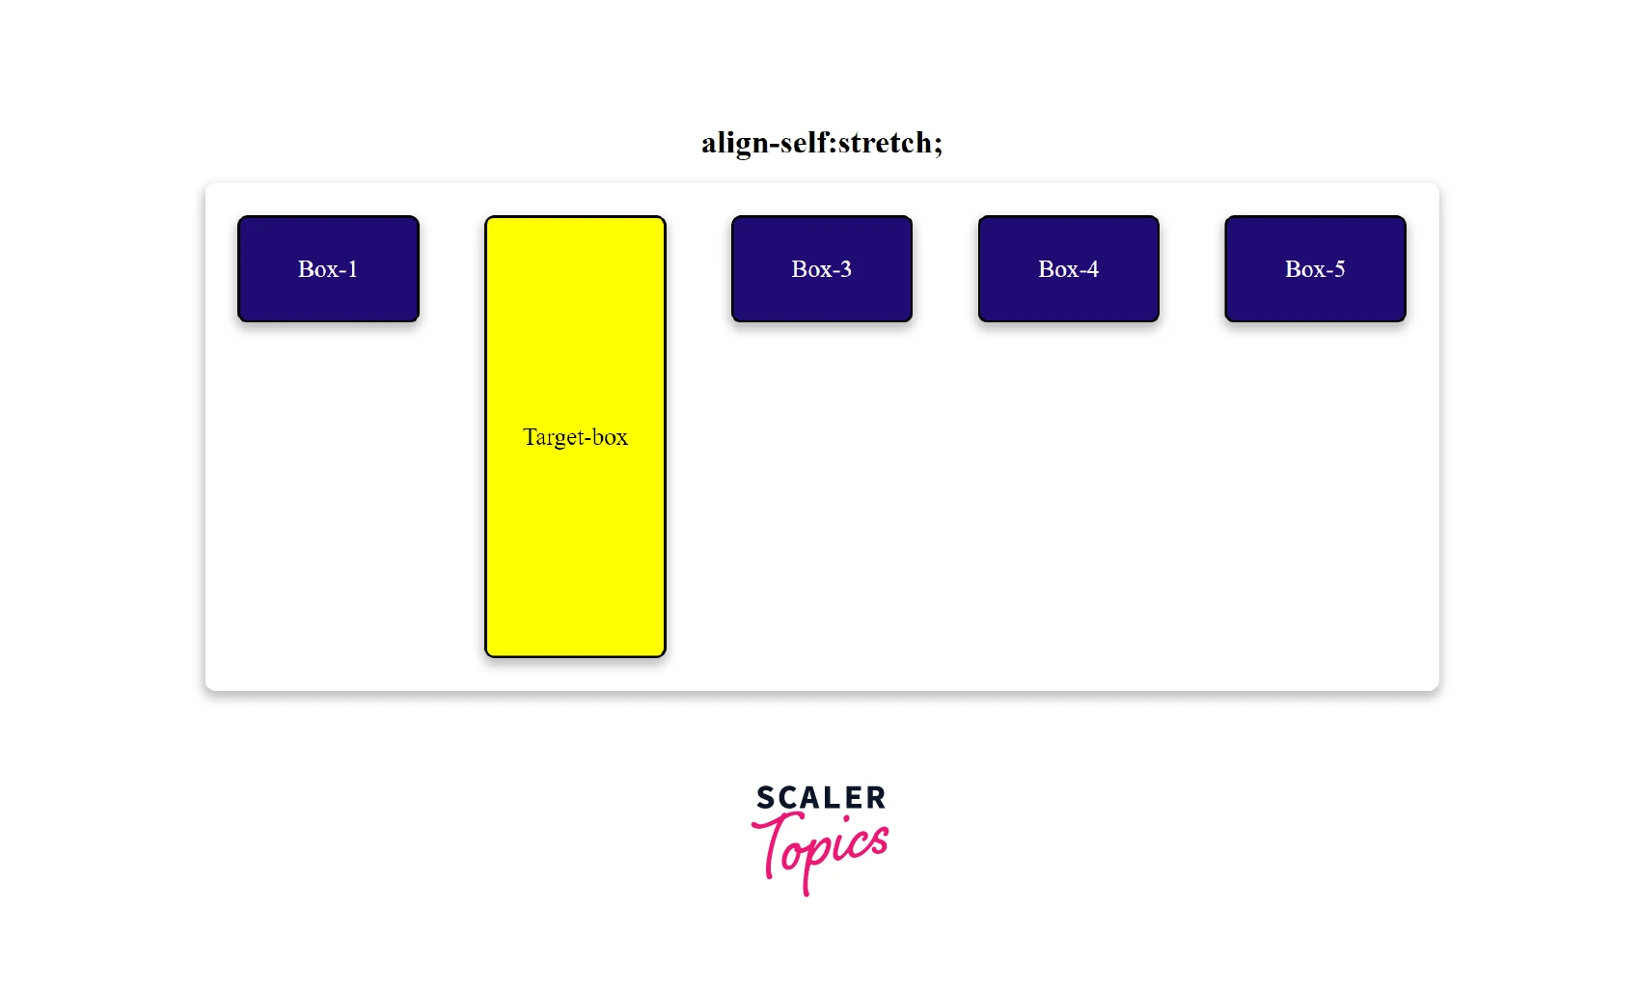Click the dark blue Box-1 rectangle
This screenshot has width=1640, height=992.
pyautogui.click(x=328, y=294)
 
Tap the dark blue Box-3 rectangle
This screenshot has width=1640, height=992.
pyautogui.click(x=822, y=294)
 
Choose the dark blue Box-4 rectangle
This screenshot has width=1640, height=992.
pyautogui.click(x=1068, y=294)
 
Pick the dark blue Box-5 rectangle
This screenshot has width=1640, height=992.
pyautogui.click(x=1315, y=294)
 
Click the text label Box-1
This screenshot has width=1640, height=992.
pyautogui.click(x=328, y=269)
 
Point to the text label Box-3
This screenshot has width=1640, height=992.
pyautogui.click(x=822, y=269)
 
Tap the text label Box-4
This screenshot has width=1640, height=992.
pyautogui.click(x=1068, y=269)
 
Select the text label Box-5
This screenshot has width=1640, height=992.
pyautogui.click(x=1315, y=269)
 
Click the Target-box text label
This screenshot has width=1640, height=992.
pyautogui.click(x=575, y=437)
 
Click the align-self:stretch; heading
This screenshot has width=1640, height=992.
pyautogui.click(x=821, y=143)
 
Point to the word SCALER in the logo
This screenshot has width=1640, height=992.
pyautogui.click(x=821, y=798)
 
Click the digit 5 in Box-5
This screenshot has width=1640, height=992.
pyautogui.click(x=1339, y=269)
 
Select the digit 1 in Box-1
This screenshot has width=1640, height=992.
pyautogui.click(x=352, y=269)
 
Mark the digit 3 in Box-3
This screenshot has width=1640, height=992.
pyautogui.click(x=846, y=269)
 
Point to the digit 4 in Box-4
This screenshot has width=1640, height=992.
pyautogui.click(x=1092, y=269)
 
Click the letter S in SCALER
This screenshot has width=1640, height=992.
pyautogui.click(x=765, y=798)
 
